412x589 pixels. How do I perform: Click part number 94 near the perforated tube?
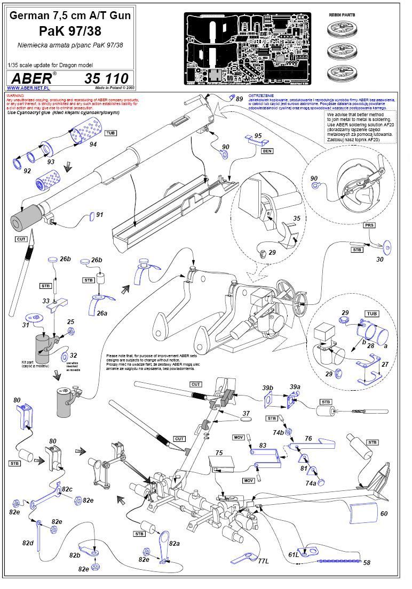93,144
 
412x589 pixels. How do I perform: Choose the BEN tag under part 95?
267,151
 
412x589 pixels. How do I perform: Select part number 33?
46,301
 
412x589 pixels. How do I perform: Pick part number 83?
263,445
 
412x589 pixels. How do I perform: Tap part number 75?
219,453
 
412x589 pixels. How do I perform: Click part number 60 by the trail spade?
384,513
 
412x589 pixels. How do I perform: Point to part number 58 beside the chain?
366,562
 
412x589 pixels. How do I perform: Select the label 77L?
263,561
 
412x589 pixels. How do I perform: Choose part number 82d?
28,542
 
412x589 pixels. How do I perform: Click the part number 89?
239,99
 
